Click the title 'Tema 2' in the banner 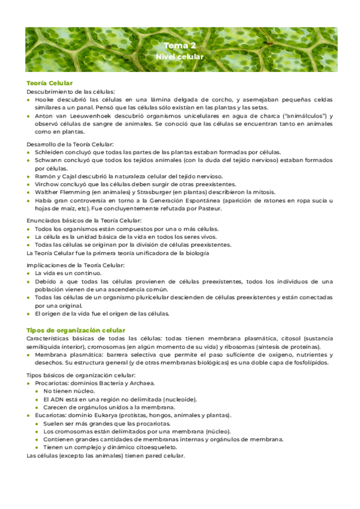tap(179, 46)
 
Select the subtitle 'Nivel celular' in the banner tap(179, 56)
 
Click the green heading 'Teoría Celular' tap(50, 83)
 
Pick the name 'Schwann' tap(49, 160)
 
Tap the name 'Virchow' tap(47, 184)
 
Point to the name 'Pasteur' tap(209, 208)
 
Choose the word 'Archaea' tap(141, 383)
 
